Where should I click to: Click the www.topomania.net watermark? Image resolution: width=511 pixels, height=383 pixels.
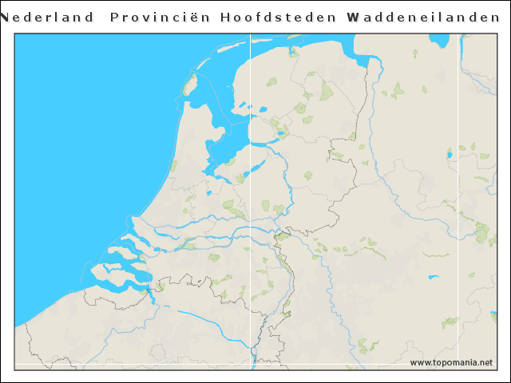pos(451,362)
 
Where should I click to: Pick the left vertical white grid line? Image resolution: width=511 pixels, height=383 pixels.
pos(251,199)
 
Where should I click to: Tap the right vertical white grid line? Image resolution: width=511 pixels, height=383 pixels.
pos(458,199)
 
